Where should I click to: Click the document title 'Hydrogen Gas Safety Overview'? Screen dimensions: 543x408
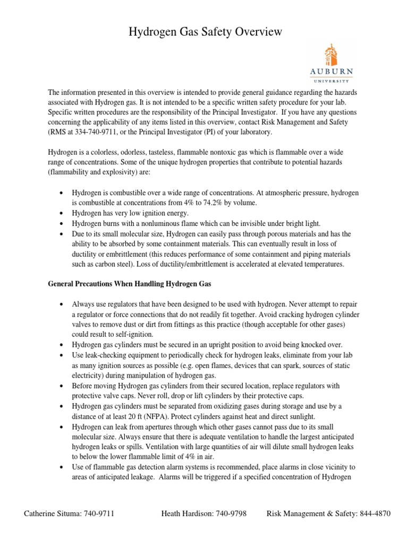[206, 33]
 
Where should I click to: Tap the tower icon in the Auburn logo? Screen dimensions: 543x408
[330, 55]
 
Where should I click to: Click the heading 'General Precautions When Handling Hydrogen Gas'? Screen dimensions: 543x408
[130, 284]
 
